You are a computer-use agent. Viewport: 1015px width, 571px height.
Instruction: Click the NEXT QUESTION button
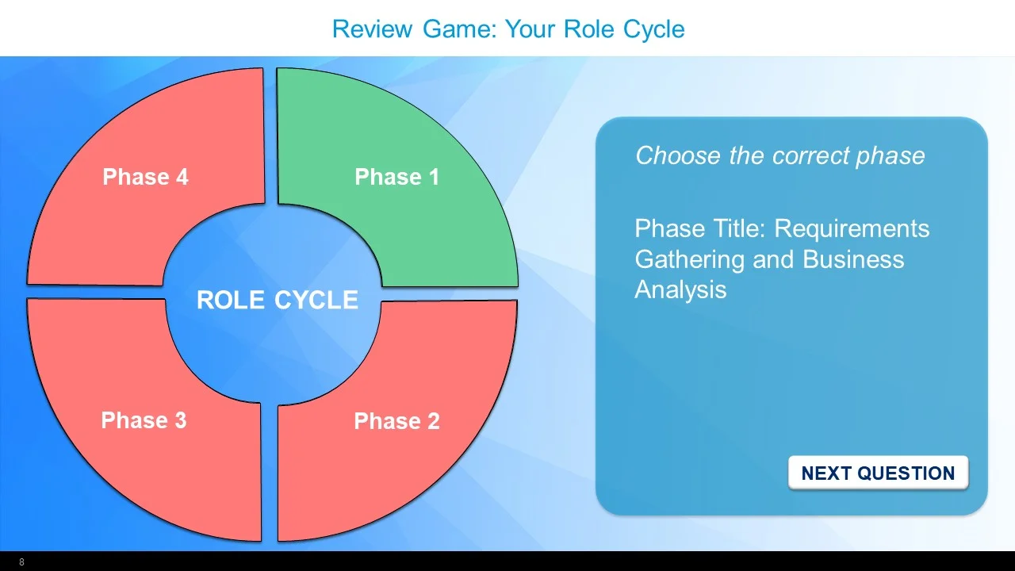point(878,473)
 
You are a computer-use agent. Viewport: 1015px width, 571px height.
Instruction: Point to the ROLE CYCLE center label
point(277,300)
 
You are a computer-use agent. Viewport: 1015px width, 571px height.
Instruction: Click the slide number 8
point(21,562)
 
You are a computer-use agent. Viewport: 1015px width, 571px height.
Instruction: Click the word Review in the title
point(372,29)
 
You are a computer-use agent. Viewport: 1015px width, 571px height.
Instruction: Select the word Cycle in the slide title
point(653,29)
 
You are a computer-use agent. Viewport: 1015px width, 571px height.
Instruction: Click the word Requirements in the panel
point(852,229)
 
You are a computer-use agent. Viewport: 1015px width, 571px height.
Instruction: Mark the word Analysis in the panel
point(680,289)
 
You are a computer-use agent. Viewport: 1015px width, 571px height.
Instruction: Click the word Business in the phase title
point(853,259)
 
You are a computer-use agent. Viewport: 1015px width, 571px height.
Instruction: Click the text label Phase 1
point(396,177)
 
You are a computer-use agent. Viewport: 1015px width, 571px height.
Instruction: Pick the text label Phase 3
point(144,420)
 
